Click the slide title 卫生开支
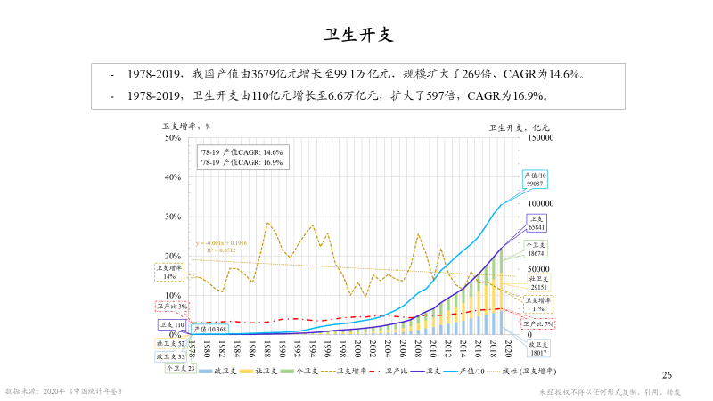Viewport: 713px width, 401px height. click(x=356, y=36)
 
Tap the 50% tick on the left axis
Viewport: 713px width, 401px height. click(x=173, y=137)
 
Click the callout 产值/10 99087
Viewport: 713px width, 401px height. click(x=536, y=179)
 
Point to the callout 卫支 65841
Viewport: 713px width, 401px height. click(x=537, y=223)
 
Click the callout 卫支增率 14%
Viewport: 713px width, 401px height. click(x=169, y=272)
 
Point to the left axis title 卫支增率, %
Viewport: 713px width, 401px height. click(x=184, y=127)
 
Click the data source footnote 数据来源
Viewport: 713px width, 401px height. click(x=63, y=390)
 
